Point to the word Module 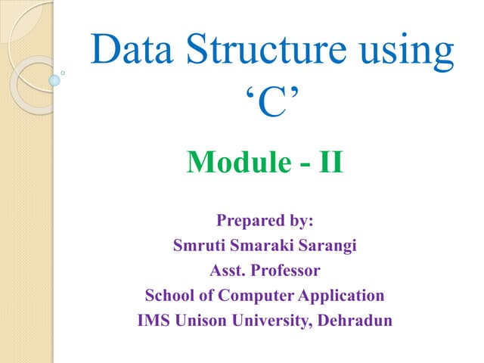tap(234, 162)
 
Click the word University tap(271, 320)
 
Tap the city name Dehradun tap(353, 320)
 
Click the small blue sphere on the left tap(54, 79)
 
